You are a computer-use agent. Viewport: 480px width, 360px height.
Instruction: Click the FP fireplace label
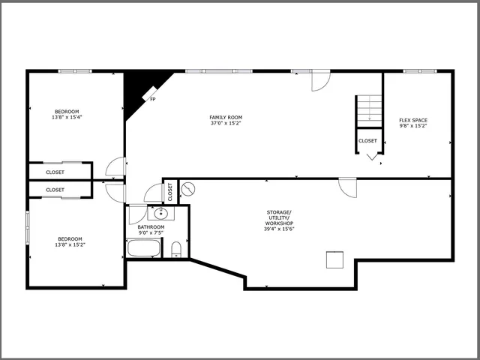point(153,99)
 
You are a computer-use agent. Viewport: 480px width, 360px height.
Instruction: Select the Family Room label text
point(226,117)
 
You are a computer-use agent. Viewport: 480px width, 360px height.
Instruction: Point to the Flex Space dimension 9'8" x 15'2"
point(412,126)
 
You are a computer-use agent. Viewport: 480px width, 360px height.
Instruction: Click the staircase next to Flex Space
point(368,109)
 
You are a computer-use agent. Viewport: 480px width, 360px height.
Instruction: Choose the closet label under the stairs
point(368,140)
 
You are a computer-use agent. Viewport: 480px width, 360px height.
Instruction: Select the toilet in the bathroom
point(177,249)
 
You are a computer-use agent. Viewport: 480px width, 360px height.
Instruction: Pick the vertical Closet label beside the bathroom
point(170,191)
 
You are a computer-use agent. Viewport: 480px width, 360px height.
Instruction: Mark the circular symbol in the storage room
point(188,189)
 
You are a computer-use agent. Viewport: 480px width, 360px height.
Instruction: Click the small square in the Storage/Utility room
point(334,259)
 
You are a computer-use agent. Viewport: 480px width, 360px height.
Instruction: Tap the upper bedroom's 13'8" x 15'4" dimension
point(66,117)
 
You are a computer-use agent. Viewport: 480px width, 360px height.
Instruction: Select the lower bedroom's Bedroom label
point(70,238)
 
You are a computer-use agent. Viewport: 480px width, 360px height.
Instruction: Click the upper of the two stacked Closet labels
point(55,172)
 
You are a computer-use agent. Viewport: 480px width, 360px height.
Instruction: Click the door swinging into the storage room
point(346,187)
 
